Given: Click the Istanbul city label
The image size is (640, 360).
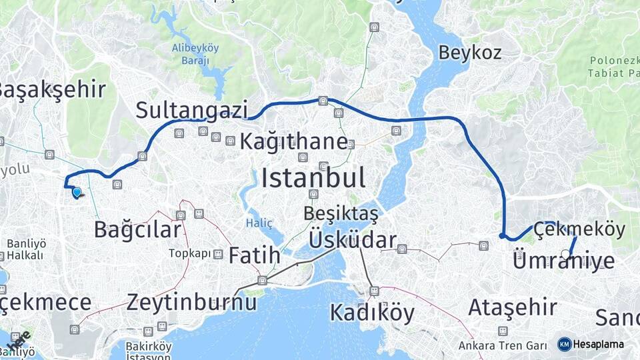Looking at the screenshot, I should (313, 179).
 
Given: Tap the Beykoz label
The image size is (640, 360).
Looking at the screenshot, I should (470, 53).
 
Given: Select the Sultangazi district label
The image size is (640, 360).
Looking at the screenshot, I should (192, 110).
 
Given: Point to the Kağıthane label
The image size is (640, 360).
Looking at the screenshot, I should (293, 141).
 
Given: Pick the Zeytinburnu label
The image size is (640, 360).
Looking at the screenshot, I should (191, 302).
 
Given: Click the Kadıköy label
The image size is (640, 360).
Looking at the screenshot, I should (372, 312).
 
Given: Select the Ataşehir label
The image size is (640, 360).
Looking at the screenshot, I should (512, 307).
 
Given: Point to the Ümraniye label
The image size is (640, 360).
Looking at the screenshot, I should (563, 261).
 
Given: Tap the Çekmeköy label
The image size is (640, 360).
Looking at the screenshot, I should (579, 230).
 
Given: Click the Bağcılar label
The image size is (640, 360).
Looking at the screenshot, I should (137, 230).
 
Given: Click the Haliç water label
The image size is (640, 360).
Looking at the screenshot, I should (259, 222).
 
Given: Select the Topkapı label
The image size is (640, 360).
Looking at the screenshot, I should (189, 253).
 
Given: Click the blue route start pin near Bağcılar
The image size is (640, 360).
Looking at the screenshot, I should (77, 193).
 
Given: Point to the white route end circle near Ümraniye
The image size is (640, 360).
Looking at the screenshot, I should (566, 253).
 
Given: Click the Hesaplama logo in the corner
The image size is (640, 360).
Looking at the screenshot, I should (591, 344).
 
